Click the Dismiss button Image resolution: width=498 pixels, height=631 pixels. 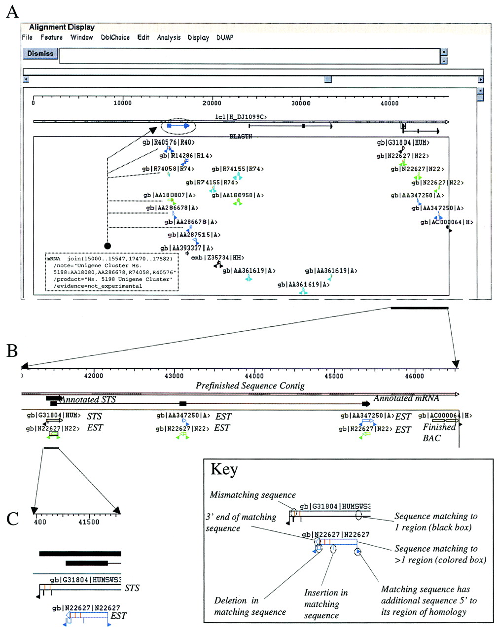click(40, 53)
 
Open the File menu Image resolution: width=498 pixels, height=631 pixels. click(27, 37)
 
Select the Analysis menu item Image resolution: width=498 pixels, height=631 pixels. click(169, 37)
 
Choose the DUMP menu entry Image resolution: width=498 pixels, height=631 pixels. click(225, 37)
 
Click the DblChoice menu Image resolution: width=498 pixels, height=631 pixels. click(115, 37)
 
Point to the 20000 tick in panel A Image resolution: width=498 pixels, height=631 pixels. click(212, 103)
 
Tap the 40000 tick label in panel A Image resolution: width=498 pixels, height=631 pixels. click(390, 103)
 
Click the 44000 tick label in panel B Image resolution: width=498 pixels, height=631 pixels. click(254, 376)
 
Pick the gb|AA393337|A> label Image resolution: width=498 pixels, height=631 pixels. click(187, 248)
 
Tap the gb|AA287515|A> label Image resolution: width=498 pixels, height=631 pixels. click(194, 235)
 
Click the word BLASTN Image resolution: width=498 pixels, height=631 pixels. click(241, 136)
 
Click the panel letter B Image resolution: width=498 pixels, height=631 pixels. click(12, 351)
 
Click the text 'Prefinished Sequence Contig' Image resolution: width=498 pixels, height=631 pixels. click(250, 386)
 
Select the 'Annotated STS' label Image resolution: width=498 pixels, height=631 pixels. click(88, 400)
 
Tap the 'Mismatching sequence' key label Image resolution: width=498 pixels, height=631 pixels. click(252, 495)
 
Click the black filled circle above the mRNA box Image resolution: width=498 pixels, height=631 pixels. click(107, 245)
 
